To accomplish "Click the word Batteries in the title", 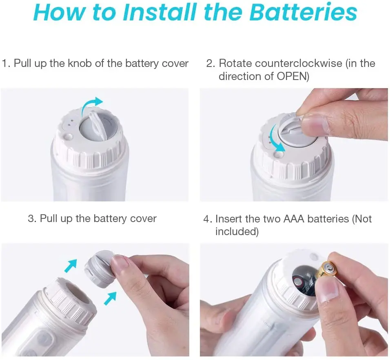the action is [x=303, y=12].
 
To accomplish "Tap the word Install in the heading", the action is [x=160, y=12].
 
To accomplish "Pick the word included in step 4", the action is [x=236, y=231].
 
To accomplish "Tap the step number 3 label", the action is [x=32, y=219].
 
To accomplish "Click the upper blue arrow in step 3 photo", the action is [x=71, y=265].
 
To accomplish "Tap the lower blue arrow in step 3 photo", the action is [x=110, y=298].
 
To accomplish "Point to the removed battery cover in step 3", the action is [x=100, y=269].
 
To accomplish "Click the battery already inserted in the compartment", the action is [x=304, y=284].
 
